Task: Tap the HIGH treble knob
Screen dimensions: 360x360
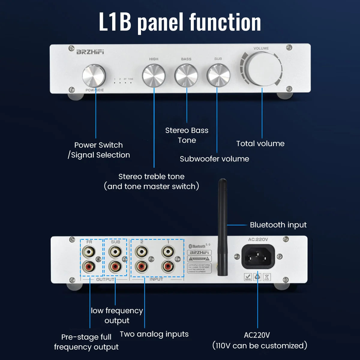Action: point(154,75)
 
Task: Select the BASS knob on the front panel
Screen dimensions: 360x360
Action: point(186,75)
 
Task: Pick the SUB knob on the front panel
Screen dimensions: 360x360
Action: point(218,75)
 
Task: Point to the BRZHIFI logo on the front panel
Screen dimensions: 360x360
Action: point(90,52)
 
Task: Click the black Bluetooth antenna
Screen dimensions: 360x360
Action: point(222,228)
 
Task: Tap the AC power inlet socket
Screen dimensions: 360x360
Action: point(258,257)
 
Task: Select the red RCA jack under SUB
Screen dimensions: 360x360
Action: point(115,266)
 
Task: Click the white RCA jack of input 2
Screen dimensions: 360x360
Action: point(142,251)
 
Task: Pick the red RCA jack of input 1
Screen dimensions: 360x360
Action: point(168,266)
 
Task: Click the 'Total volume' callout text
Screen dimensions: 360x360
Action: point(260,143)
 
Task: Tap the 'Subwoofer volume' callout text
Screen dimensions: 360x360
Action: point(214,159)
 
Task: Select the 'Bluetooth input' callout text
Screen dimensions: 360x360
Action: point(278,225)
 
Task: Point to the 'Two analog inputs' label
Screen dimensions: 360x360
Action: point(154,334)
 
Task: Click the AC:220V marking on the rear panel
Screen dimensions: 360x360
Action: point(258,239)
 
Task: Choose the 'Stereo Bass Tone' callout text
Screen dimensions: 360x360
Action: point(187,135)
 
